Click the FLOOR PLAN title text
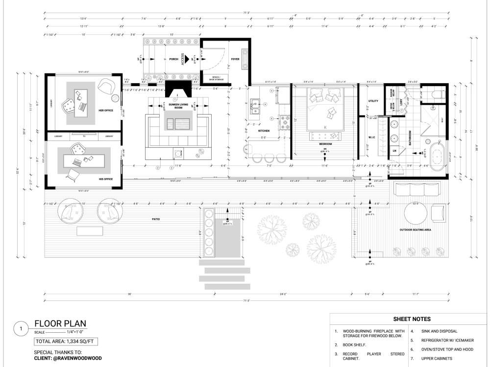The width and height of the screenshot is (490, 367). click(x=60, y=323)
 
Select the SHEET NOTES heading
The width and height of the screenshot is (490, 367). click(x=411, y=319)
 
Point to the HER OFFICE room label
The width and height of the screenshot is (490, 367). click(x=106, y=111)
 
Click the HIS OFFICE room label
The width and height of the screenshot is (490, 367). click(x=106, y=179)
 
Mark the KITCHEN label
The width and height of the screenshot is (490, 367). click(x=264, y=131)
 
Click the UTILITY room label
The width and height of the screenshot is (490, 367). click(x=373, y=101)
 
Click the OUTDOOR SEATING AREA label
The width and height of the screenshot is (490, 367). click(x=415, y=229)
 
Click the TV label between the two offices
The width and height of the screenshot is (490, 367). click(x=84, y=136)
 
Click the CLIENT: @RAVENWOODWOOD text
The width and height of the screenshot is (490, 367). click(x=68, y=358)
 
